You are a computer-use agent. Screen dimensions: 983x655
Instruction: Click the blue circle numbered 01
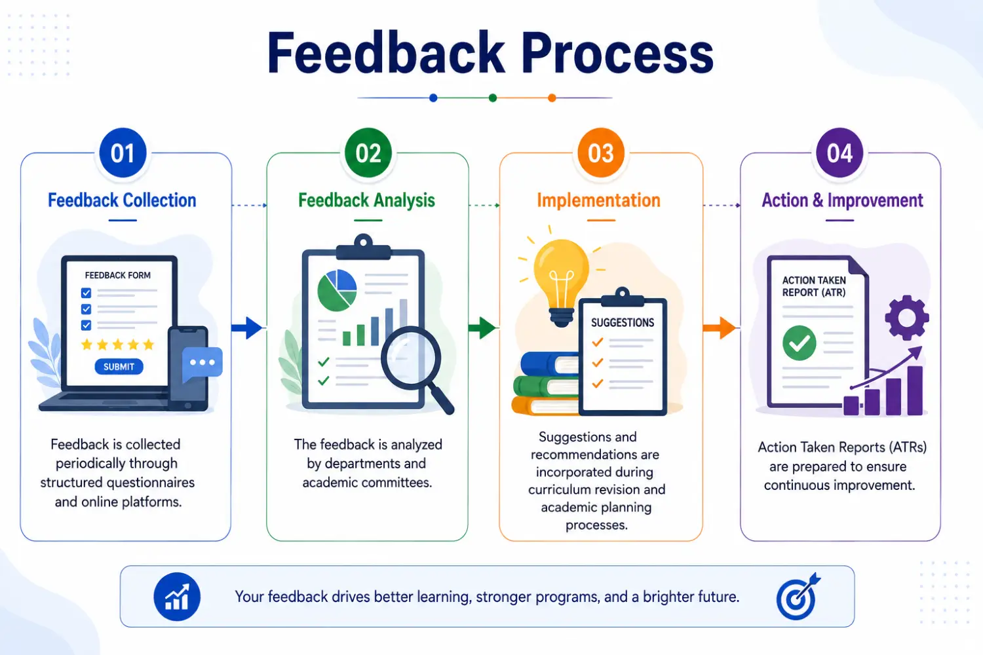pyautogui.click(x=123, y=153)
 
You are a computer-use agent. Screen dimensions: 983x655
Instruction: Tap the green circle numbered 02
pyautogui.click(x=368, y=153)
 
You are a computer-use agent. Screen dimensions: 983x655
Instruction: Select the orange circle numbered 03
pyautogui.click(x=601, y=153)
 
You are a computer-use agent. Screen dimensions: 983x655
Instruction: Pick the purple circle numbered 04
pyautogui.click(x=839, y=153)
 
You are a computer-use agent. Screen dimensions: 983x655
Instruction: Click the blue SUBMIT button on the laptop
pyautogui.click(x=119, y=367)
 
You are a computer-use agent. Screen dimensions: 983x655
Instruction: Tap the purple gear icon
pyautogui.click(x=906, y=318)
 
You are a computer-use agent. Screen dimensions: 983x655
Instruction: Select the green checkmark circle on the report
pyautogui.click(x=799, y=343)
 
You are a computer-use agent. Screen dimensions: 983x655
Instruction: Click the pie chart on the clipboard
pyautogui.click(x=337, y=290)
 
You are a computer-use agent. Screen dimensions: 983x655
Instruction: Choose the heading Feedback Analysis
pyautogui.click(x=367, y=200)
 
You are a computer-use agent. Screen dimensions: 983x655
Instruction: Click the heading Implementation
pyautogui.click(x=598, y=200)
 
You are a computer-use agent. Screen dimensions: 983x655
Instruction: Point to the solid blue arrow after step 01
pyautogui.click(x=246, y=327)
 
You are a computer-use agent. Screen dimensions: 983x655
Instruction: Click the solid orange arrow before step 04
pyautogui.click(x=720, y=327)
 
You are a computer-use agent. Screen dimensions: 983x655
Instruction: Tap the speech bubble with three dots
pyautogui.click(x=202, y=364)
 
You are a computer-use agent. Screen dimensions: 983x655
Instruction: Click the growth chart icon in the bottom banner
pyautogui.click(x=177, y=597)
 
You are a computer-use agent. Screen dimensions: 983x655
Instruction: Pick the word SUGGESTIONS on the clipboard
pyautogui.click(x=623, y=323)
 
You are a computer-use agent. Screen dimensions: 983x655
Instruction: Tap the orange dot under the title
pyautogui.click(x=552, y=98)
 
